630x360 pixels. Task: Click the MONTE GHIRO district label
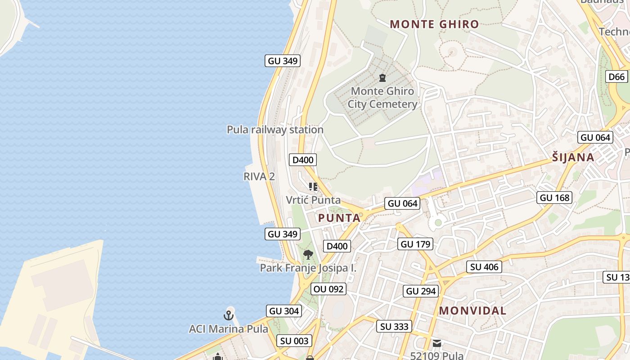coord(434,24)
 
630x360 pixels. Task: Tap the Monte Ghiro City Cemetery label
coord(382,98)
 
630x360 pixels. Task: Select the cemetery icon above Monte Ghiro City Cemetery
coord(382,78)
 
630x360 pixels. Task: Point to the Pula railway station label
coord(275,130)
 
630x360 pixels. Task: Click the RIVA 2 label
coord(259,176)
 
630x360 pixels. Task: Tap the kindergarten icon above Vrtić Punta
coord(313,186)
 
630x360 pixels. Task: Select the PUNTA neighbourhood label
coord(339,218)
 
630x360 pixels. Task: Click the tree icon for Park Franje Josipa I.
coord(308,255)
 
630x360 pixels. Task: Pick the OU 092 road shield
coord(329,289)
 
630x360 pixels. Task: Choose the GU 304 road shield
coord(284,311)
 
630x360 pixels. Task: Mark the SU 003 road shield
coord(294,341)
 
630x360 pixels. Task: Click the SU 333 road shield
coord(394,327)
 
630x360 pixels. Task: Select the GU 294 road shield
coord(421,291)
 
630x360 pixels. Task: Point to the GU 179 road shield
coord(415,244)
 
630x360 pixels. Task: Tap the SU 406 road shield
coord(484,267)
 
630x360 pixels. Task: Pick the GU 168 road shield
coord(554,198)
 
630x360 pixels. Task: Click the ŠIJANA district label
coord(573,157)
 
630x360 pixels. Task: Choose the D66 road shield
coord(616,76)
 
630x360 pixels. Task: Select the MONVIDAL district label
coord(472,310)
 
